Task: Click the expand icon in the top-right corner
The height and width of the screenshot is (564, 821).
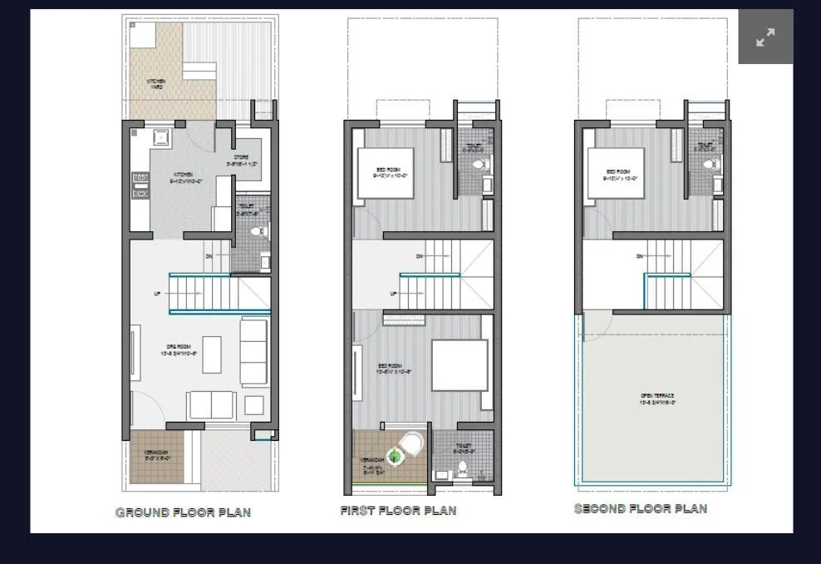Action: point(765,37)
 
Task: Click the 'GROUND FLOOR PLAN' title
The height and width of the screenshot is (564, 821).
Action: point(183,512)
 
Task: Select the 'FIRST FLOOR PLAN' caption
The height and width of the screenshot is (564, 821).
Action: point(398,511)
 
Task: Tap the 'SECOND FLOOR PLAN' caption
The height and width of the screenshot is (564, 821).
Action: point(641,508)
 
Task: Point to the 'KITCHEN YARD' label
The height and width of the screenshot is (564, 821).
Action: point(155,84)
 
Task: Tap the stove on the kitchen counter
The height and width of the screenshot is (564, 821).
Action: point(140,186)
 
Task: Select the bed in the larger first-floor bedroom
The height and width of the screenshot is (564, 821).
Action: point(459,365)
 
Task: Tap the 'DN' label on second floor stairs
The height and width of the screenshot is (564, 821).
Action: point(640,256)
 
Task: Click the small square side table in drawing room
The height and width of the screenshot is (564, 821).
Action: point(253,406)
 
